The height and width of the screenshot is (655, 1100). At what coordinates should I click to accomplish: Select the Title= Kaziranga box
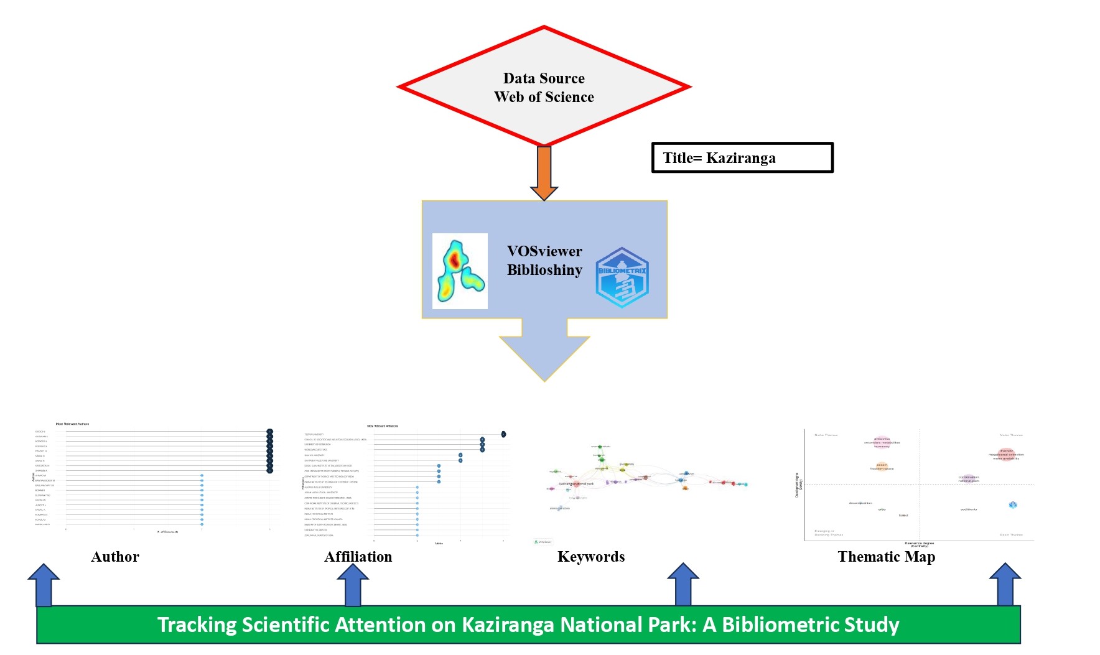[742, 158]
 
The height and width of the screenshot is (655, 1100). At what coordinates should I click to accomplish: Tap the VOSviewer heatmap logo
[460, 271]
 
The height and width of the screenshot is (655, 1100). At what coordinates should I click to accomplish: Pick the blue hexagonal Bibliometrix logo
[622, 277]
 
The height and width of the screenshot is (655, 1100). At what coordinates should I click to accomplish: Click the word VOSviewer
[544, 251]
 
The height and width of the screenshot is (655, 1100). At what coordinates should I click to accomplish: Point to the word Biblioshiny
[544, 270]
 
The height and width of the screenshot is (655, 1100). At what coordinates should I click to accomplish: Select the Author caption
[115, 557]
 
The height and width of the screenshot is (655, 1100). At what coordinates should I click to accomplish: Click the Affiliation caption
[358, 557]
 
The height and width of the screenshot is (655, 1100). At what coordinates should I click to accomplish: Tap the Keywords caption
[591, 557]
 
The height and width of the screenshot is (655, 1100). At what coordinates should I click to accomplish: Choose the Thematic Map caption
[886, 557]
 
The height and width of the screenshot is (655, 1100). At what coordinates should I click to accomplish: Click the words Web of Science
[544, 97]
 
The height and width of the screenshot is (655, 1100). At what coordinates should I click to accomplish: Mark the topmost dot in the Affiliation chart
[503, 434]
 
